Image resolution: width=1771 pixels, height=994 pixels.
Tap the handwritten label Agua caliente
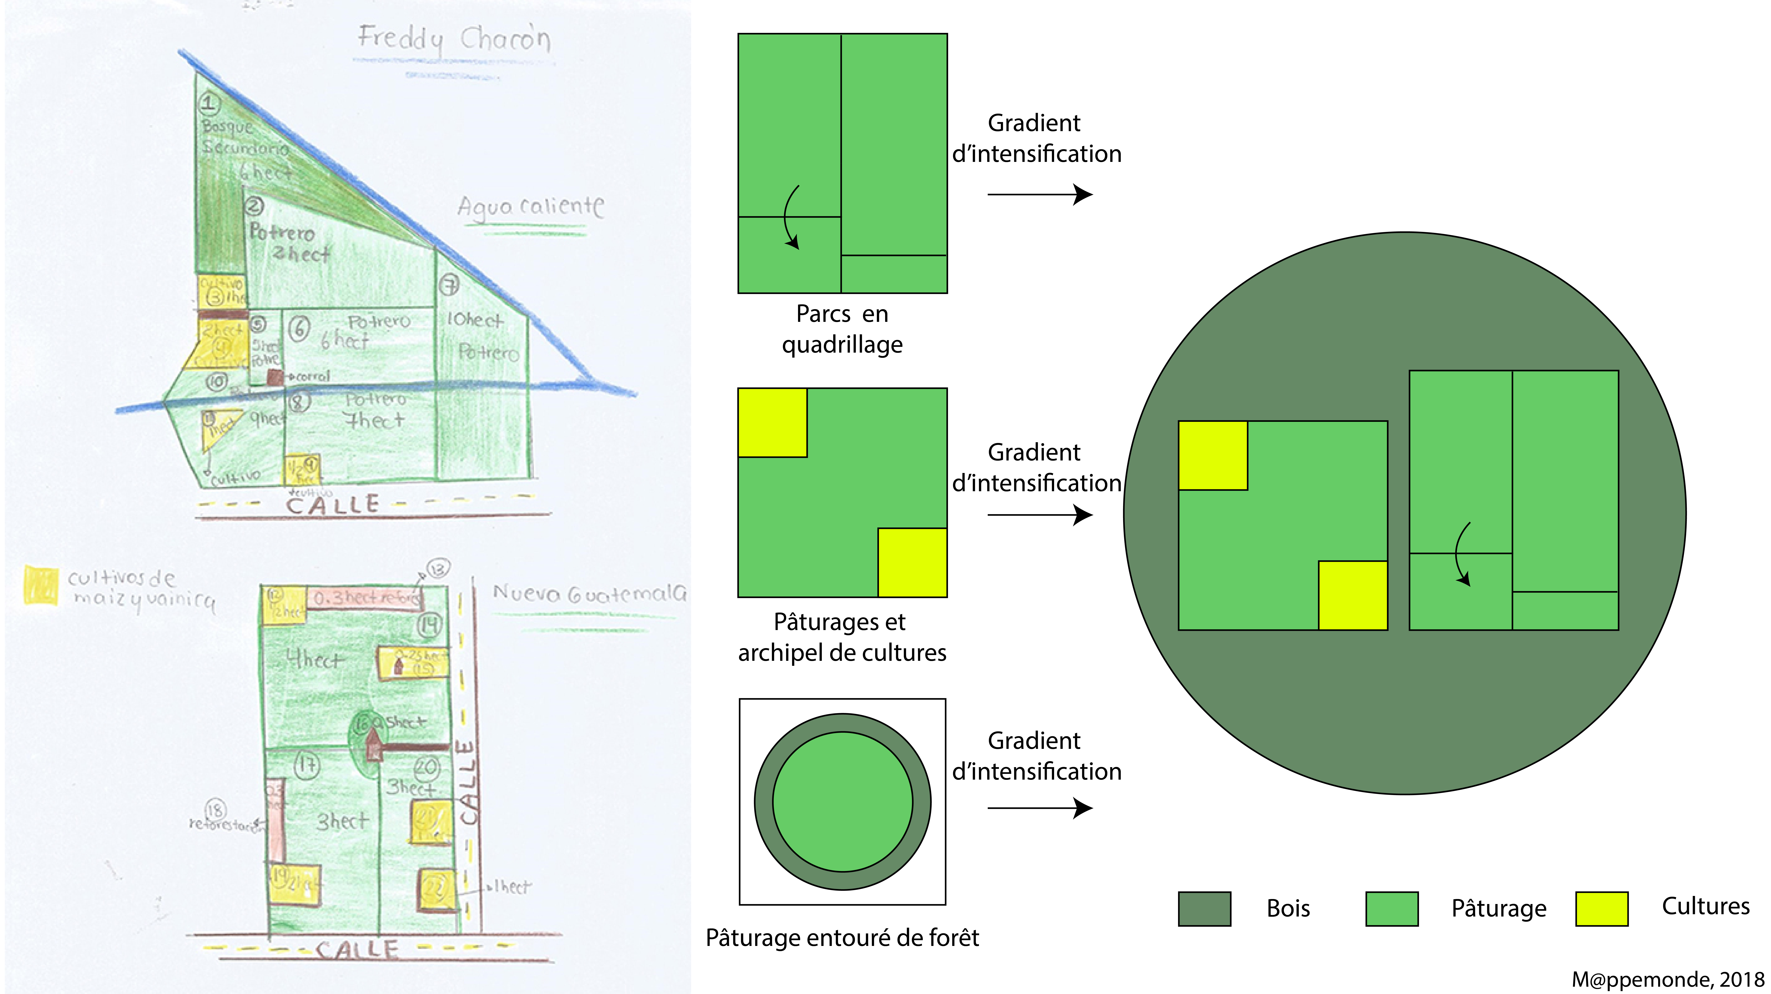click(531, 206)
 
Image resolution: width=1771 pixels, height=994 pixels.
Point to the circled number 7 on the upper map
click(449, 284)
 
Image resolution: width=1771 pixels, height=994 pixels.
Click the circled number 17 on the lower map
click(307, 765)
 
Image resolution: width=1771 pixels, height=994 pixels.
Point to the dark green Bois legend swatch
click(1204, 909)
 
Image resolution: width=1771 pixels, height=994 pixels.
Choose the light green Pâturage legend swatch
click(1391, 909)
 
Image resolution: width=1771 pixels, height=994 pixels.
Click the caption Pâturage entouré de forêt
click(842, 938)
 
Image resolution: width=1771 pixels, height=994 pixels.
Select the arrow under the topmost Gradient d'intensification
click(1039, 195)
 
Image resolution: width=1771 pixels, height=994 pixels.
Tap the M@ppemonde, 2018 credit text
click(1667, 979)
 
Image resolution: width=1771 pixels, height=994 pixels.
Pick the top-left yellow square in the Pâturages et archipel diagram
click(772, 423)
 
